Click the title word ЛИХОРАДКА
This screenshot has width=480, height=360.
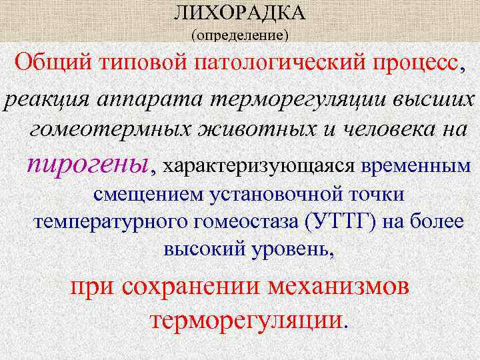pyautogui.click(x=239, y=13)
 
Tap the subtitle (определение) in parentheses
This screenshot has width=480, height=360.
pyautogui.click(x=239, y=34)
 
